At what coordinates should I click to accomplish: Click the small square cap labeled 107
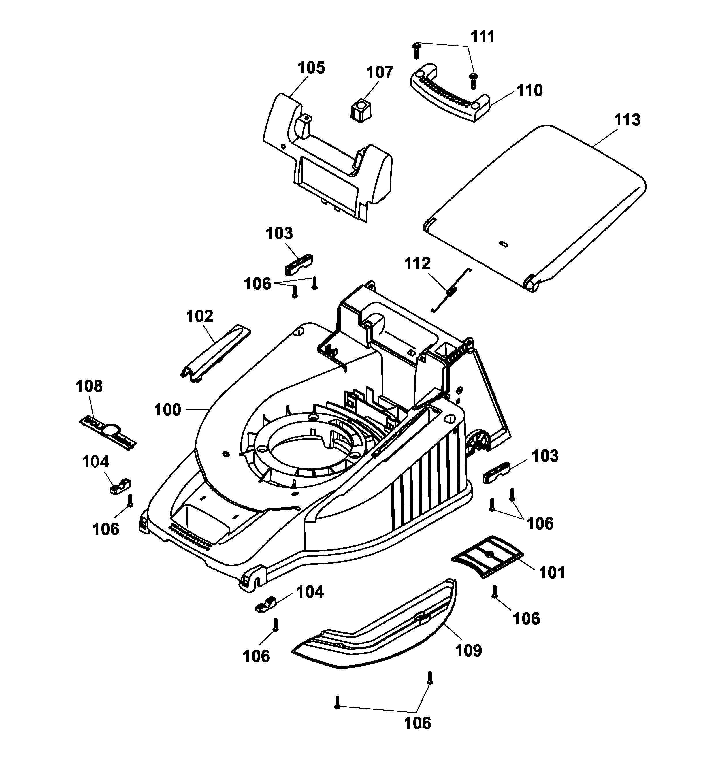pos(361,110)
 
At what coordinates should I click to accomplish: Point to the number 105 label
pos(311,68)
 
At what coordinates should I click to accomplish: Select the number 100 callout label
pos(167,410)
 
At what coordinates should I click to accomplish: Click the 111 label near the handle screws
pos(483,37)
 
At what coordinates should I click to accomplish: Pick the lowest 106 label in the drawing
pos(417,723)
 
